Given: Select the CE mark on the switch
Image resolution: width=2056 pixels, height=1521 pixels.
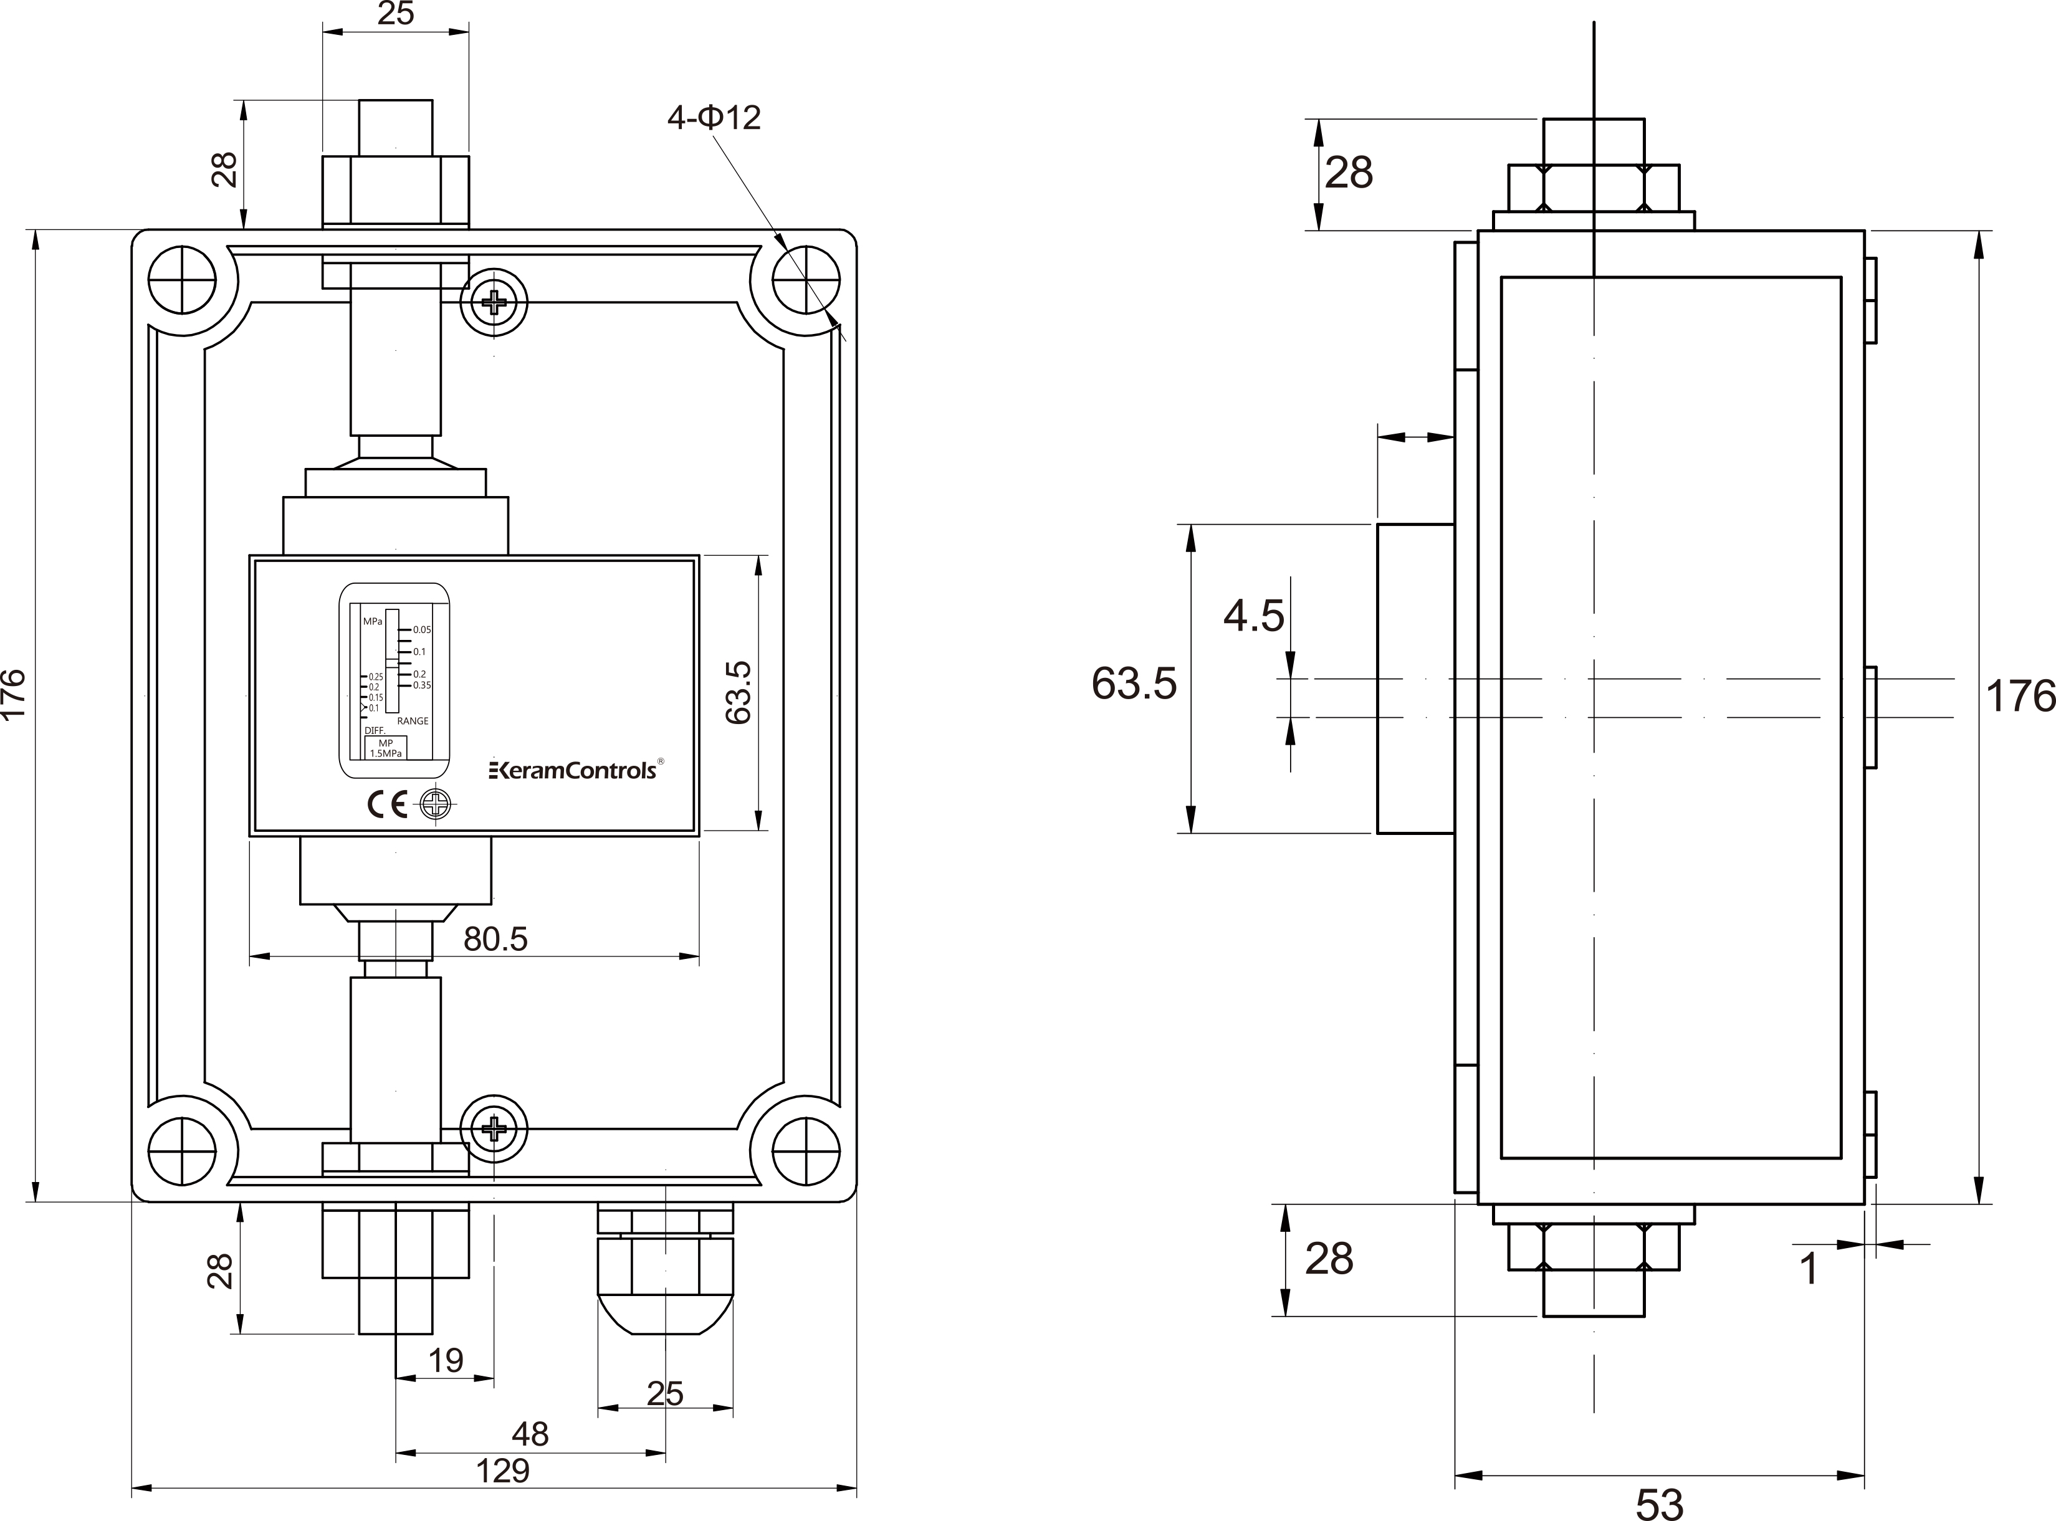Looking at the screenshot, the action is pyautogui.click(x=388, y=806).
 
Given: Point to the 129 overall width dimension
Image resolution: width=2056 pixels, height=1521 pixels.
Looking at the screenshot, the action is pyautogui.click(x=503, y=1471).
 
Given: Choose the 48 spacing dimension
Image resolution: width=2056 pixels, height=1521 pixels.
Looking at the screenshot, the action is pyautogui.click(x=530, y=1434).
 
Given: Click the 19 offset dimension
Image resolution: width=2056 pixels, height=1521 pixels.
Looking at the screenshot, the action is pyautogui.click(x=447, y=1360).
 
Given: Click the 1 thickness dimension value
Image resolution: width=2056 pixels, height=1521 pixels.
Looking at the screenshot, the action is pyautogui.click(x=1809, y=1269).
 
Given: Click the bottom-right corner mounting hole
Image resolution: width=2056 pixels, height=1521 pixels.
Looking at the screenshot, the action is pyautogui.click(x=806, y=1151).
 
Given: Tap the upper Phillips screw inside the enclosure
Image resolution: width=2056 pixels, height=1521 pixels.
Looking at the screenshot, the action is pyautogui.click(x=494, y=301).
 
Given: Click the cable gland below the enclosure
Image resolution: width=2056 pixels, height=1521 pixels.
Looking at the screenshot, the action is pyautogui.click(x=666, y=1268).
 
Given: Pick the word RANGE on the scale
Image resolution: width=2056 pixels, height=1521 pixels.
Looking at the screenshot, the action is pyautogui.click(x=413, y=721).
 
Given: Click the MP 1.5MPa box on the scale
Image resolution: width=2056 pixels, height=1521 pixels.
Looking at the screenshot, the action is pyautogui.click(x=386, y=748).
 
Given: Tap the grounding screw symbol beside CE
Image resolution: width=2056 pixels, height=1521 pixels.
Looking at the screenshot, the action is pyautogui.click(x=436, y=806).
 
